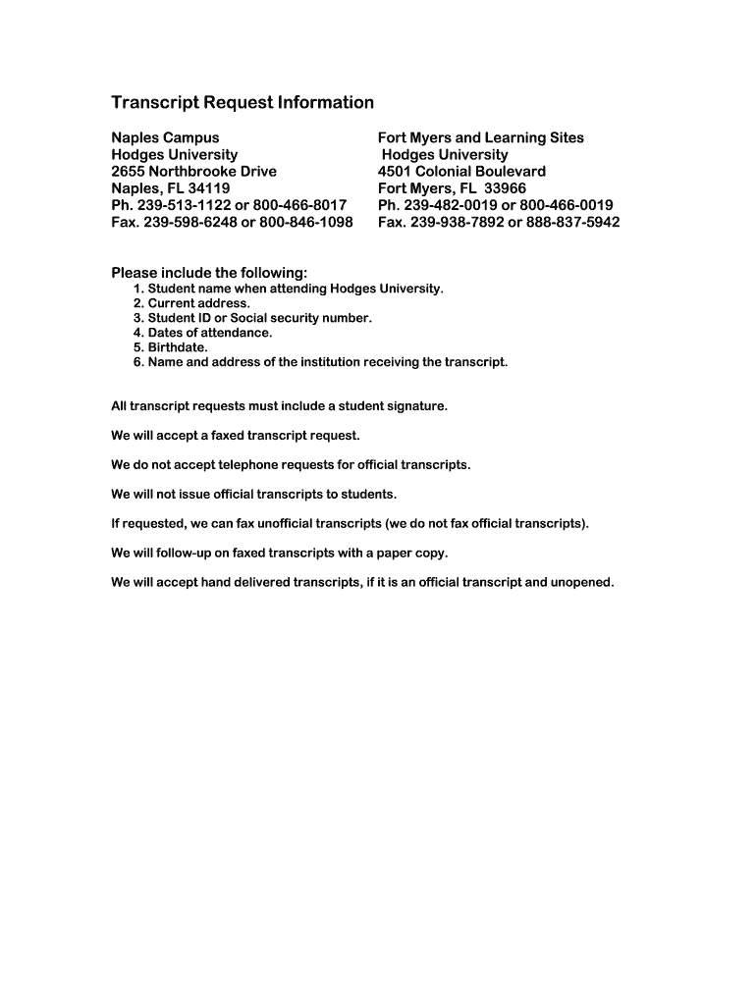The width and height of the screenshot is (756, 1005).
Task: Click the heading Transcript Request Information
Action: [243, 103]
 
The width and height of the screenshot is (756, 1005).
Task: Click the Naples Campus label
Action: [165, 138]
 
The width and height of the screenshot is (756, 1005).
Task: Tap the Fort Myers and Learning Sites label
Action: [480, 138]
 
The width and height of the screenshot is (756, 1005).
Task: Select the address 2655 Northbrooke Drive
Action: [193, 172]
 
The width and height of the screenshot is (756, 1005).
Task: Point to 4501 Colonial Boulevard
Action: [461, 172]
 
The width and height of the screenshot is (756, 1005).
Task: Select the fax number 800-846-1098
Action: [306, 223]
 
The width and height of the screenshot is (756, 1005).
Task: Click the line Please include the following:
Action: [209, 273]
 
